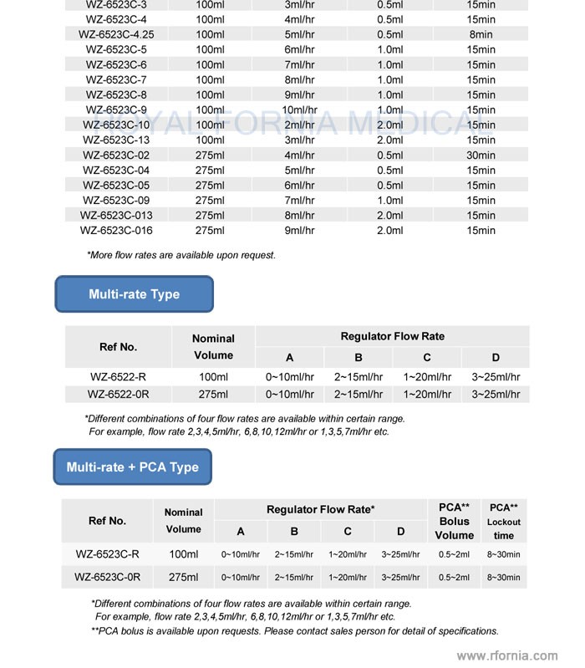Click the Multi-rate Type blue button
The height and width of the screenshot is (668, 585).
pos(134,294)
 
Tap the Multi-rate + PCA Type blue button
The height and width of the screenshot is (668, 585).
pos(132,467)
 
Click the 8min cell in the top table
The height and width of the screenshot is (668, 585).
pos(481,34)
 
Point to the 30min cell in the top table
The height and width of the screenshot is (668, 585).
pos(481,155)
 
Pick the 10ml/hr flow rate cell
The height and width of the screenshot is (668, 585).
pos(299,110)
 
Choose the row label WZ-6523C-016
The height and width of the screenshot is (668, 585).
pos(116,230)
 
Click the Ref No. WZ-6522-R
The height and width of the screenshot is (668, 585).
pos(118,377)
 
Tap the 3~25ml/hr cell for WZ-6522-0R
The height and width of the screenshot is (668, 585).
pos(495,394)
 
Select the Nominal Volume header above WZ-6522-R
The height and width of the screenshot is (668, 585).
pos(213,347)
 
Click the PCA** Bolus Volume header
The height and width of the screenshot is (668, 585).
pos(455,521)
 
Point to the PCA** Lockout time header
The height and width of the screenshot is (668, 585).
pos(503,521)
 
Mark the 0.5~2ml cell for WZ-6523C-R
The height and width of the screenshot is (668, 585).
pos(455,554)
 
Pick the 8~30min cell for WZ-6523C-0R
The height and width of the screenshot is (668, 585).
pos(503,577)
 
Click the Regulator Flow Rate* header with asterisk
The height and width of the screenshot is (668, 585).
pos(320,509)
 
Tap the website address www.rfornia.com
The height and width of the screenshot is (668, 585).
pos(507,656)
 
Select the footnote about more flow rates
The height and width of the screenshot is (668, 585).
pos(181,255)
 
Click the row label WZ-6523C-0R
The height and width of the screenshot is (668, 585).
pos(107,577)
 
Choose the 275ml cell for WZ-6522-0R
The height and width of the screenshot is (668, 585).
pos(213,394)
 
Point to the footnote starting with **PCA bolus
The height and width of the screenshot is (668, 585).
pos(294,631)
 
